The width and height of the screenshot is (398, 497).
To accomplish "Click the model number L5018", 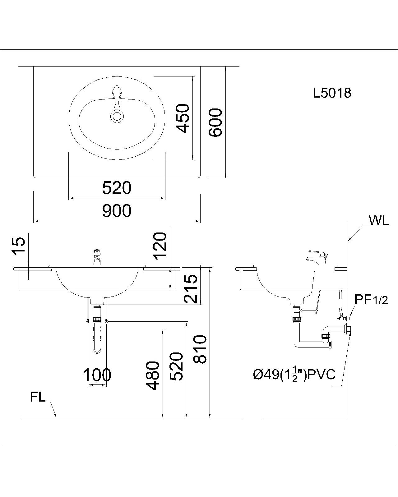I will [x=332, y=93].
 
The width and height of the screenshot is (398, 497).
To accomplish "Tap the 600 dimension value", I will [x=215, y=122].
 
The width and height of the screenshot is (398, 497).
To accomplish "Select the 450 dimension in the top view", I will [x=182, y=118].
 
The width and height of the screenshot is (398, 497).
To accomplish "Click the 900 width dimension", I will [x=117, y=211].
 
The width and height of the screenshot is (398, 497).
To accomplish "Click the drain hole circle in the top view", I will [x=117, y=116].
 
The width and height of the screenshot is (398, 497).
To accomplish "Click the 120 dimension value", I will [x=160, y=246].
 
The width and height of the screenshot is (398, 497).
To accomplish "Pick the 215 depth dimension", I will [x=191, y=288].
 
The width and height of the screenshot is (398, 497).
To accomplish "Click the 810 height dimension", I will [x=200, y=349].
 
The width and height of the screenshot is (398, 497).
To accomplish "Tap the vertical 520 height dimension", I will [x=176, y=366].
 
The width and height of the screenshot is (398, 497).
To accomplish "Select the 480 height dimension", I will [x=153, y=375].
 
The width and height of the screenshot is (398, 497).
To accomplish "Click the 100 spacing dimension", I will [x=97, y=375].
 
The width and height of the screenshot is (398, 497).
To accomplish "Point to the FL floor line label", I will [x=38, y=398].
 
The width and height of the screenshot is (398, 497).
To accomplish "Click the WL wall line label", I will [x=379, y=221].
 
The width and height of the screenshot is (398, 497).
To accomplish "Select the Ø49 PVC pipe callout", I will [x=294, y=375].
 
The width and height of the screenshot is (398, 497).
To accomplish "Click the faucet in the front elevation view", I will [x=97, y=257].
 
